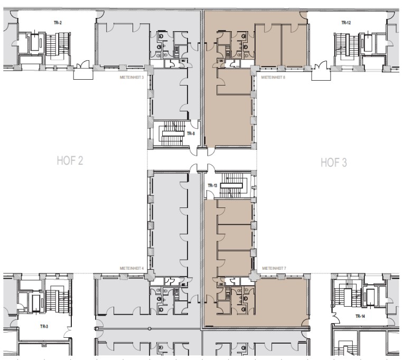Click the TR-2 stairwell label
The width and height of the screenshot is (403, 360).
(58, 23)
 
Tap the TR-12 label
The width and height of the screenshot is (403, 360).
(346, 23)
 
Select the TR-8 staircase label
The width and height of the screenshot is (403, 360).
(191, 134)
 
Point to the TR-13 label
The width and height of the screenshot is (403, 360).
(212, 186)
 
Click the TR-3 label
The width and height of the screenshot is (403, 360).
(44, 327)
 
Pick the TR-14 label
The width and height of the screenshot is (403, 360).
(360, 316)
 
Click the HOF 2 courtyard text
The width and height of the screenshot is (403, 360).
(70, 161)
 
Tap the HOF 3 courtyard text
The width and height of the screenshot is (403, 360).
(334, 163)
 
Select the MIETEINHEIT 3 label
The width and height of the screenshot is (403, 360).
(132, 77)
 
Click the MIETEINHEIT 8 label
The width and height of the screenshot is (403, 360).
(273, 77)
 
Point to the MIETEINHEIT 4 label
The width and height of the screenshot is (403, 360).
(132, 268)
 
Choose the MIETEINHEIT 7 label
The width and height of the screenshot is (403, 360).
(274, 268)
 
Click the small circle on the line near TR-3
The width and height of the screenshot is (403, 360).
(149, 329)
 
